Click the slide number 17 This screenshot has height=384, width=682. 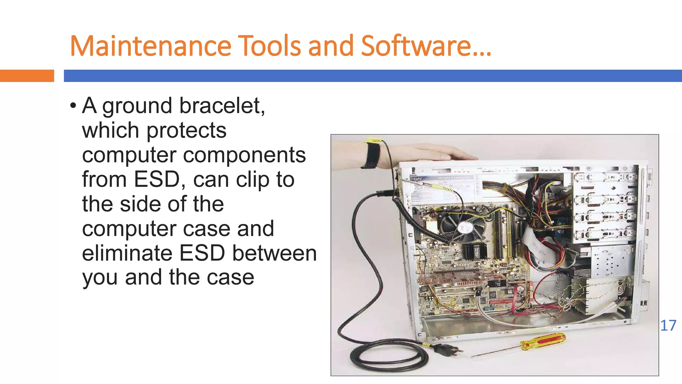668,326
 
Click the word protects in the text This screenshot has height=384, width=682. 186,130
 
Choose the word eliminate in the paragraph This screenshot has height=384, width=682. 127,253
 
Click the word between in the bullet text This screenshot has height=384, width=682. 274,253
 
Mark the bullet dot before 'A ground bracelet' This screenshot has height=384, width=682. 73,106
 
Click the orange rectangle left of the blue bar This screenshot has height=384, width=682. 27,76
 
